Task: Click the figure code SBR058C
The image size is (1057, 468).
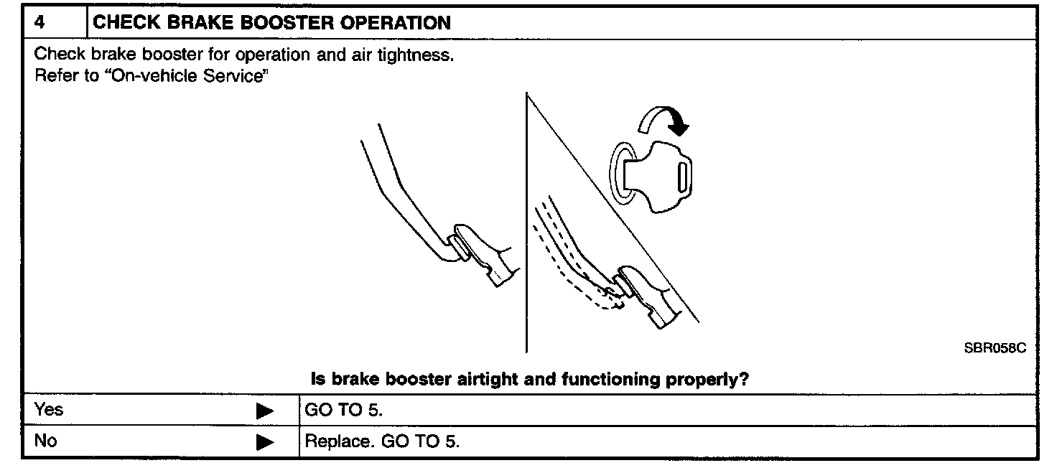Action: click(x=995, y=347)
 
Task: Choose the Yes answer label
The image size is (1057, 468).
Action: click(x=49, y=410)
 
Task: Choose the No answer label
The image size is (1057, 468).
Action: click(x=45, y=441)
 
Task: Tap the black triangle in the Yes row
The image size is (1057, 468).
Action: click(x=265, y=411)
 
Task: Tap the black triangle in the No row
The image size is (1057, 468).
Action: click(x=265, y=442)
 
